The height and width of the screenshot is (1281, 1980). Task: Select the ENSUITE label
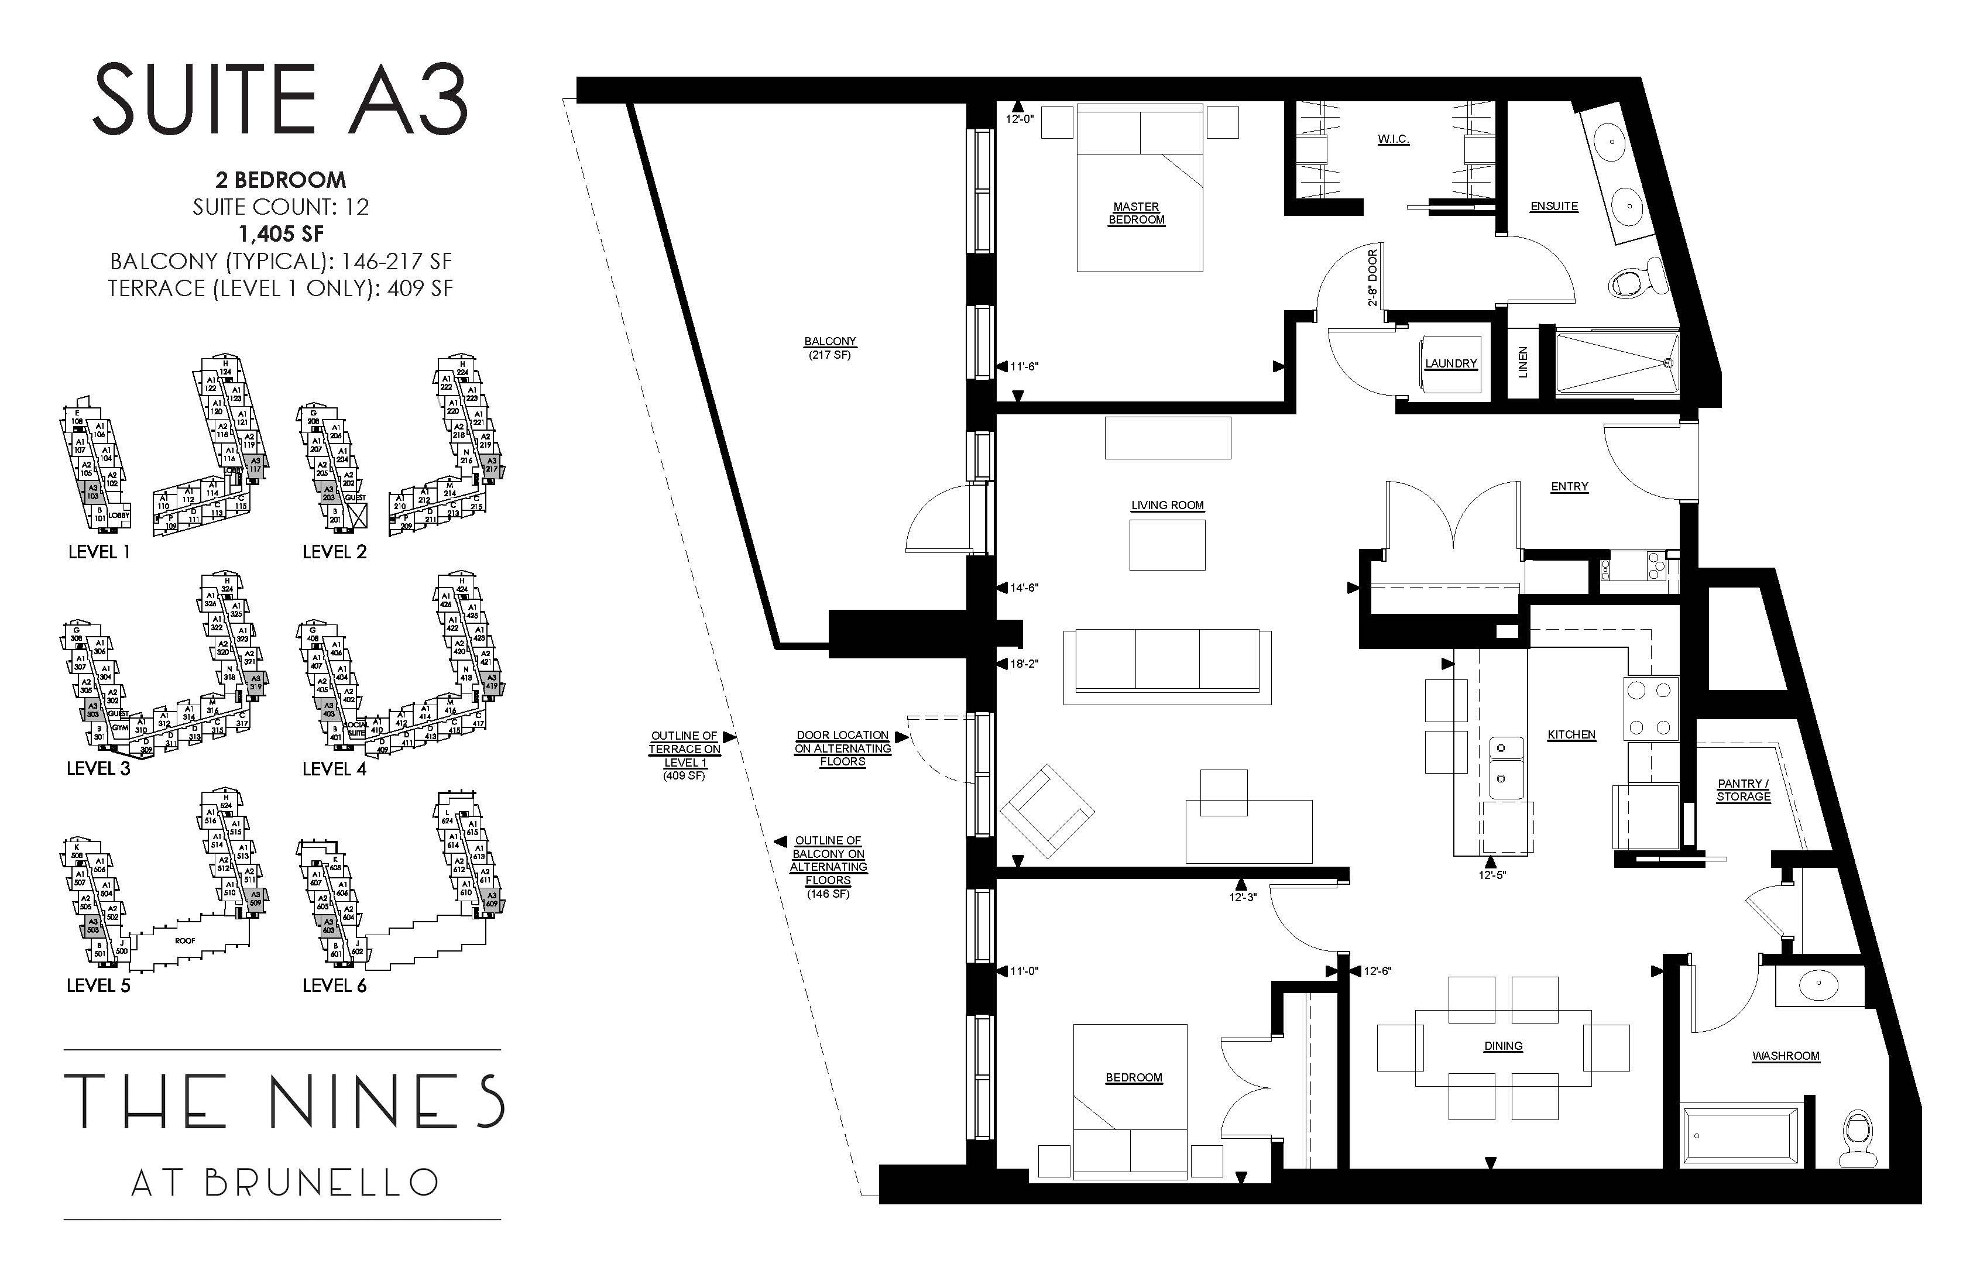point(1553,207)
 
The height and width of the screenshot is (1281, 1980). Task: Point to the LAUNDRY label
point(1450,363)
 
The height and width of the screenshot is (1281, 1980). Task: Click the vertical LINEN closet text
point(1523,363)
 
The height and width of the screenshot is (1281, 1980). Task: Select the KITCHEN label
point(1571,734)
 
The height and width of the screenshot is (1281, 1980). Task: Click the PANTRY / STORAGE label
point(1743,789)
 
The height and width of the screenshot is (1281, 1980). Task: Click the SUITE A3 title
point(280,101)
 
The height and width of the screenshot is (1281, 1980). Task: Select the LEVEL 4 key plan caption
point(334,768)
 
